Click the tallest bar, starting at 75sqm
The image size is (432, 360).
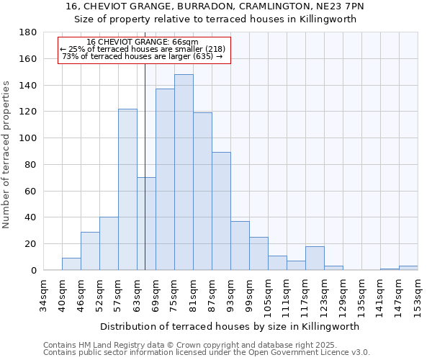[x=184, y=173]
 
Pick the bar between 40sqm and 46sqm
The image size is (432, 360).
[x=71, y=264]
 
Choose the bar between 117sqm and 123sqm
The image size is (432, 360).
[x=315, y=258]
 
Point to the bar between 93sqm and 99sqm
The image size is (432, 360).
[x=240, y=246]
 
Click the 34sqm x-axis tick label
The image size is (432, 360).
[x=44, y=294]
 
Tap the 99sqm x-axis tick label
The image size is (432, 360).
[x=250, y=294]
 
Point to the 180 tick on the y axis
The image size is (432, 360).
[x=28, y=32]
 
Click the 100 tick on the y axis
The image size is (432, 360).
[x=28, y=138]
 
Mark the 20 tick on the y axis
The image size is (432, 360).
[x=31, y=244]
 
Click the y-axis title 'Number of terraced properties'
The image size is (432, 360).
[x=7, y=155]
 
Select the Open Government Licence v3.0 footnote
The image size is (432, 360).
[x=207, y=353]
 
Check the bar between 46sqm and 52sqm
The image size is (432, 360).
[x=90, y=251]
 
